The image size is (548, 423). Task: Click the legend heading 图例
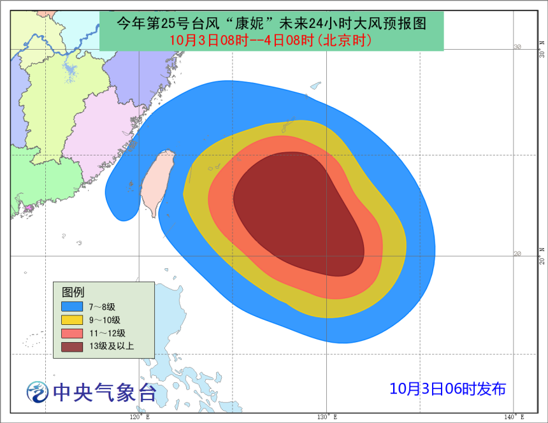coord(73,292)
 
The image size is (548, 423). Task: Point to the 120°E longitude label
coord(140,417)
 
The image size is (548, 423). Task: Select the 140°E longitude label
coord(514,417)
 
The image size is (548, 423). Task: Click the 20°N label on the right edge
coord(542,257)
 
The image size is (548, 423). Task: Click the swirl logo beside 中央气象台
coord(37,391)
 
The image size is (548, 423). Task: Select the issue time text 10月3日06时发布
coord(448,388)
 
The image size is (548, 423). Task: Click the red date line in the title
coord(271,39)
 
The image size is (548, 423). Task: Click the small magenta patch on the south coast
coord(28,208)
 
